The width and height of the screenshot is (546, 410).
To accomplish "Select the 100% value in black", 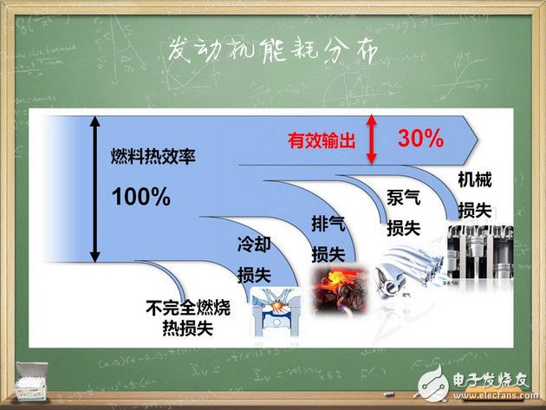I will tap(140, 197).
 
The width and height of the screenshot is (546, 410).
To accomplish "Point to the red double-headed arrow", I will tap(371, 139).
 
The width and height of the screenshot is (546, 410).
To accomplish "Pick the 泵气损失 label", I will tap(403, 212).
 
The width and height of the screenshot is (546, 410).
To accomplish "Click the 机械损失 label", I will tap(476, 196).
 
